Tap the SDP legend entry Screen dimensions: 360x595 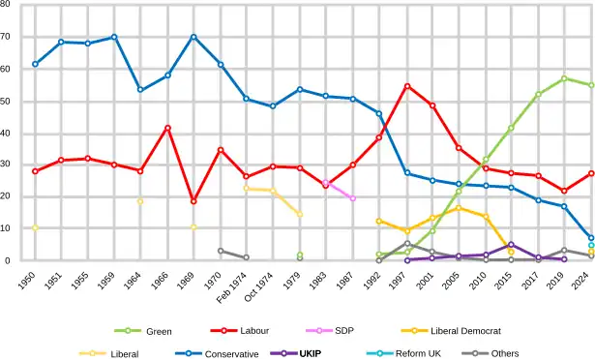point(344,331)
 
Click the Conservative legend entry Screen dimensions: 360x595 point(231,353)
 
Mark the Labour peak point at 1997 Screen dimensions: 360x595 point(407,86)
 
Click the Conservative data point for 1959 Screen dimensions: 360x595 point(114,37)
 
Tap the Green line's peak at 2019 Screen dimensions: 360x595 point(564,78)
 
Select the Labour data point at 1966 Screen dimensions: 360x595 point(167,128)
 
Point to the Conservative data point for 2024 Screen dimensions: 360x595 point(590,238)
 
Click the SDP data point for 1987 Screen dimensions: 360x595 point(352,198)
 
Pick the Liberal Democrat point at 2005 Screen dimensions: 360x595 point(459,208)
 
